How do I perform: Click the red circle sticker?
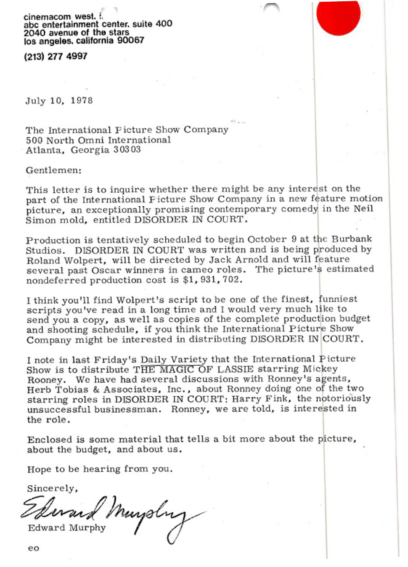tap(338, 16)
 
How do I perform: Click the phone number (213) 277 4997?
tap(56, 56)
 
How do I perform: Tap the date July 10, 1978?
tap(59, 101)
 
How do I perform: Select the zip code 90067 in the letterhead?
tap(130, 40)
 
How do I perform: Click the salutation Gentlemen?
tap(54, 170)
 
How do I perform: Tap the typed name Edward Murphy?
tap(66, 528)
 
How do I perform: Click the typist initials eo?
tap(33, 548)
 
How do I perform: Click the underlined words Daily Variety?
tap(174, 360)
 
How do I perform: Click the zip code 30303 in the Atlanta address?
tap(127, 150)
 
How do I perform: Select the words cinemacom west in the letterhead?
tap(59, 17)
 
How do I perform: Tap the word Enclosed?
tap(50, 440)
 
